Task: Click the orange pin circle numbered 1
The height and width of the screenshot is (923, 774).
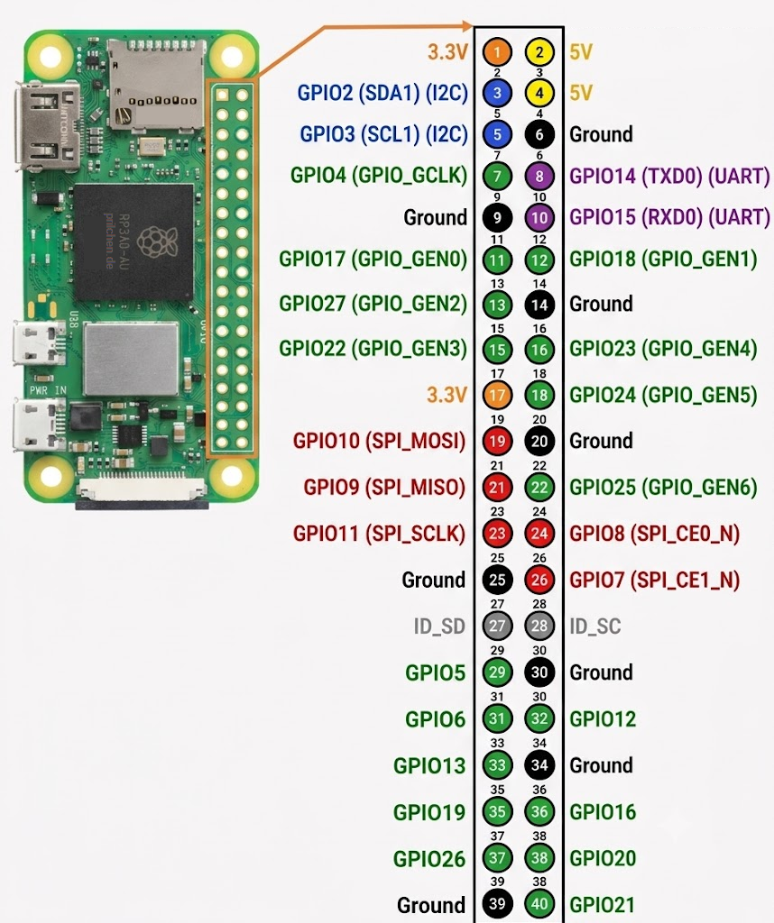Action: (497, 51)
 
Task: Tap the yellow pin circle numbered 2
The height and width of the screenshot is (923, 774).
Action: (539, 51)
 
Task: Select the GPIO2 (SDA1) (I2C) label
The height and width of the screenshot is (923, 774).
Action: (382, 93)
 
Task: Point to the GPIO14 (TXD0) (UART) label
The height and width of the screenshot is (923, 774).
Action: (669, 176)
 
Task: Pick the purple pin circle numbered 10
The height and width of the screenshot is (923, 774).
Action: (539, 218)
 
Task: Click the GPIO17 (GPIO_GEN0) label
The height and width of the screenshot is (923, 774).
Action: (373, 259)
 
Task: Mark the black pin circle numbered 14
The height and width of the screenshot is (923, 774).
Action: (539, 305)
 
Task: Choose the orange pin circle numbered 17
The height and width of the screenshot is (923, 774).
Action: (497, 395)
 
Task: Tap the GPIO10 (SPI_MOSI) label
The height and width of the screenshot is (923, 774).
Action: (380, 441)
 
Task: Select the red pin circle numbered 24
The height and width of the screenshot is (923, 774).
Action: (539, 534)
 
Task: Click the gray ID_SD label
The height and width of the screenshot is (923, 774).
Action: (439, 626)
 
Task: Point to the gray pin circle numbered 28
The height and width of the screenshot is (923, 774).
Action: (539, 626)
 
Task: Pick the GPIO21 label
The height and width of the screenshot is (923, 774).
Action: (603, 905)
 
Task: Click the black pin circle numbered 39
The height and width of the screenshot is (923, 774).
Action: (497, 903)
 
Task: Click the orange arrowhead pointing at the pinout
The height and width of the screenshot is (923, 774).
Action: (467, 26)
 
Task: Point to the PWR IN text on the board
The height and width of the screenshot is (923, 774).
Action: (49, 390)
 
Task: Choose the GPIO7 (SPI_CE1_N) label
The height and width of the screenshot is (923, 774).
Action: (654, 580)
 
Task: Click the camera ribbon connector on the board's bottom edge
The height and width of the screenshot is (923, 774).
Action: (142, 491)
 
